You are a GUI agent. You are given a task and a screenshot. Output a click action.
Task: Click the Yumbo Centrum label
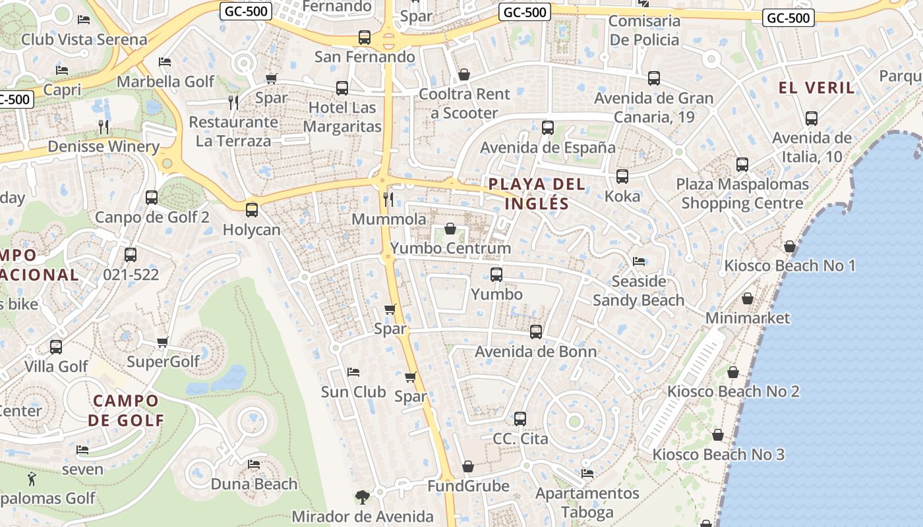pos(450,248)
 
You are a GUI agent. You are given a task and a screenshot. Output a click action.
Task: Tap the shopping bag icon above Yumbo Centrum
pos(450,229)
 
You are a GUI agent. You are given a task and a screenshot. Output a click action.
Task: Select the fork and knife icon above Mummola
pos(388,199)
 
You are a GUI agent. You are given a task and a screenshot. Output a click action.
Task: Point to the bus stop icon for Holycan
pos(251,210)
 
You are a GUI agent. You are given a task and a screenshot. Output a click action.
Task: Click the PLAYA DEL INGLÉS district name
pos(537,194)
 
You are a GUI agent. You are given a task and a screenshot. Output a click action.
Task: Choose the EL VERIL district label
pos(816,88)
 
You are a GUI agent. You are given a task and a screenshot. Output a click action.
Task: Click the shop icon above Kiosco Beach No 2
pos(732,372)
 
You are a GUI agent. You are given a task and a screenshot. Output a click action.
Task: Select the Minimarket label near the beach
pos(747,318)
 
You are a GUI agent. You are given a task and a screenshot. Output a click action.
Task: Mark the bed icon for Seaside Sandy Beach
pos(638,262)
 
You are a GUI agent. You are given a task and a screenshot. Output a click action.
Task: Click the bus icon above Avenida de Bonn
pos(535,332)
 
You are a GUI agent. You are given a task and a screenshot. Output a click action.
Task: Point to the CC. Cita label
pos(520,438)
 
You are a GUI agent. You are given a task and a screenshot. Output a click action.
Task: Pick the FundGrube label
pos(468,486)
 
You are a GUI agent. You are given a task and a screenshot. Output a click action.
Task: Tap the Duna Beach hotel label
pos(254,484)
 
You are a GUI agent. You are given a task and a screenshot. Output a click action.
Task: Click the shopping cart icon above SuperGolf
pos(162,342)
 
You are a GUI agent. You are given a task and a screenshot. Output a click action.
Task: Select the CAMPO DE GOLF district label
pos(126,410)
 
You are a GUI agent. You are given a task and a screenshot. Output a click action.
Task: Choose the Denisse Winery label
pos(104,146)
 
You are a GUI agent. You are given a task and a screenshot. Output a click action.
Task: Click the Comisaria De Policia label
pos(643,30)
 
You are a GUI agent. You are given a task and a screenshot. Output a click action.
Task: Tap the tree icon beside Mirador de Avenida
pos(361,497)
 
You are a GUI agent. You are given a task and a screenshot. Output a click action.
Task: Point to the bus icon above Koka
pos(622,177)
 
